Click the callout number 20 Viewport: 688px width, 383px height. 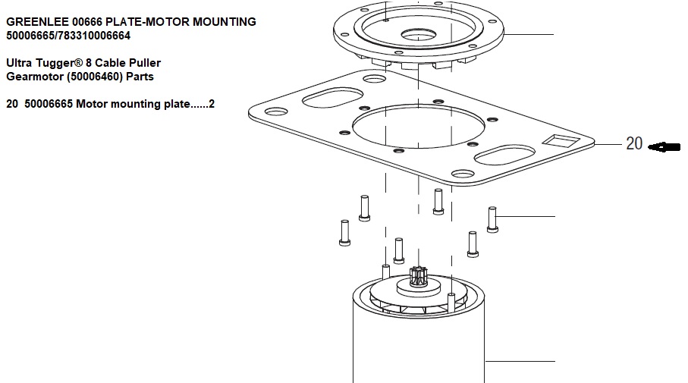point(634,144)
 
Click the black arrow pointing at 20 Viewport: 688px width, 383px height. point(662,146)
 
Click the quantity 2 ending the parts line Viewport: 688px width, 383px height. point(212,104)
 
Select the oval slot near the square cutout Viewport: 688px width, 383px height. point(502,155)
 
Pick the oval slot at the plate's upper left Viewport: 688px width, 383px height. point(327,99)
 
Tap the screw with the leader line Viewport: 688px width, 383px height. point(492,219)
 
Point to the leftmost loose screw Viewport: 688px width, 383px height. point(343,232)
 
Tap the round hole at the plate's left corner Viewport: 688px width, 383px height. point(274,111)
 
